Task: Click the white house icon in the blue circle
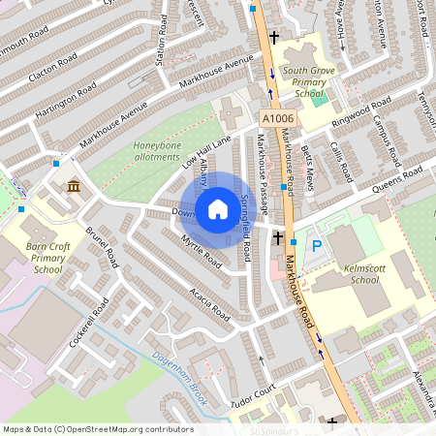(x=218, y=209)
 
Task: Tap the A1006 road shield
(x=276, y=118)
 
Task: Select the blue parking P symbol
(x=316, y=247)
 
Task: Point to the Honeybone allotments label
(x=156, y=151)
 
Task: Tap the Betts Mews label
(x=309, y=163)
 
